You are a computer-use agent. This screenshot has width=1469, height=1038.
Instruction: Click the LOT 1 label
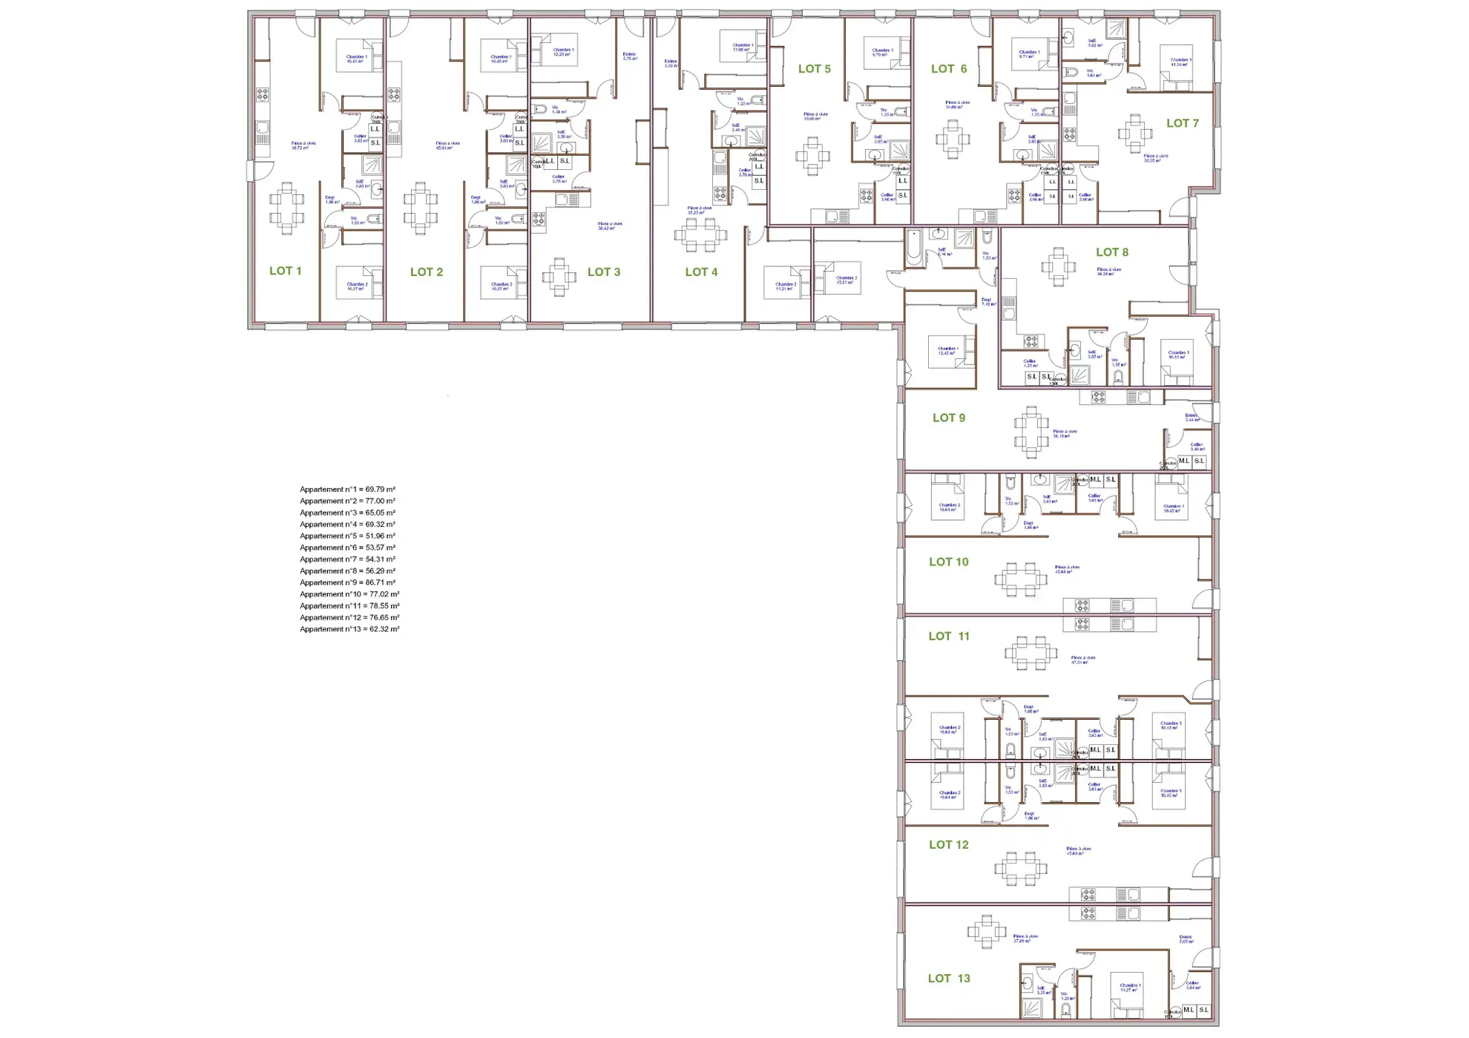click(285, 271)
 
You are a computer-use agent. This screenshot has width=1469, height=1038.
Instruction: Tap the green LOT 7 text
click(1182, 123)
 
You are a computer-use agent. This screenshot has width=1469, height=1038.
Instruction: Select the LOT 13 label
click(949, 978)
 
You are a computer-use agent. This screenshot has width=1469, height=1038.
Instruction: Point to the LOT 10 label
click(949, 562)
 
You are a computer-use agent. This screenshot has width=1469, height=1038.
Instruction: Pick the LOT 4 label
click(701, 272)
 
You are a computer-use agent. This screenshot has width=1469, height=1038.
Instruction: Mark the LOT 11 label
click(949, 636)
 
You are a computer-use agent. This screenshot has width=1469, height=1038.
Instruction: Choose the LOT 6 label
click(949, 68)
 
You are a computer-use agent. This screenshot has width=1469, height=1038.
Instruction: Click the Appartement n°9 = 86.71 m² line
click(347, 582)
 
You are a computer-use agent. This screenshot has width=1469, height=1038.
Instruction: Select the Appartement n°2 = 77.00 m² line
click(347, 501)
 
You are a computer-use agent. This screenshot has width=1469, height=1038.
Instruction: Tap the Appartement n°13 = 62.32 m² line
click(349, 629)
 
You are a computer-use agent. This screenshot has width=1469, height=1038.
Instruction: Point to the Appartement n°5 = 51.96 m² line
click(347, 536)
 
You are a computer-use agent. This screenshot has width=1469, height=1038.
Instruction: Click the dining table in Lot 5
click(813, 156)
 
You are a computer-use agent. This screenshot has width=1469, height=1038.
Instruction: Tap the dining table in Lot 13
click(986, 932)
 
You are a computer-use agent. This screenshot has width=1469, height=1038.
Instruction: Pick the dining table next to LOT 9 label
click(1031, 431)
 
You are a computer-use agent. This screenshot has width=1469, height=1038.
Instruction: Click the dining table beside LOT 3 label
click(559, 277)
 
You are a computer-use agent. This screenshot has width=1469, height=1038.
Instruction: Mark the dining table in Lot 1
click(286, 208)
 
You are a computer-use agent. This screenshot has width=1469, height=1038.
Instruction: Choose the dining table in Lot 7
click(1135, 134)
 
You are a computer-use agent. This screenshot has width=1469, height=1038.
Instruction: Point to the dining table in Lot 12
click(1021, 868)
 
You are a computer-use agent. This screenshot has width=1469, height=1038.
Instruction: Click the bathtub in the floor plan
click(914, 247)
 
